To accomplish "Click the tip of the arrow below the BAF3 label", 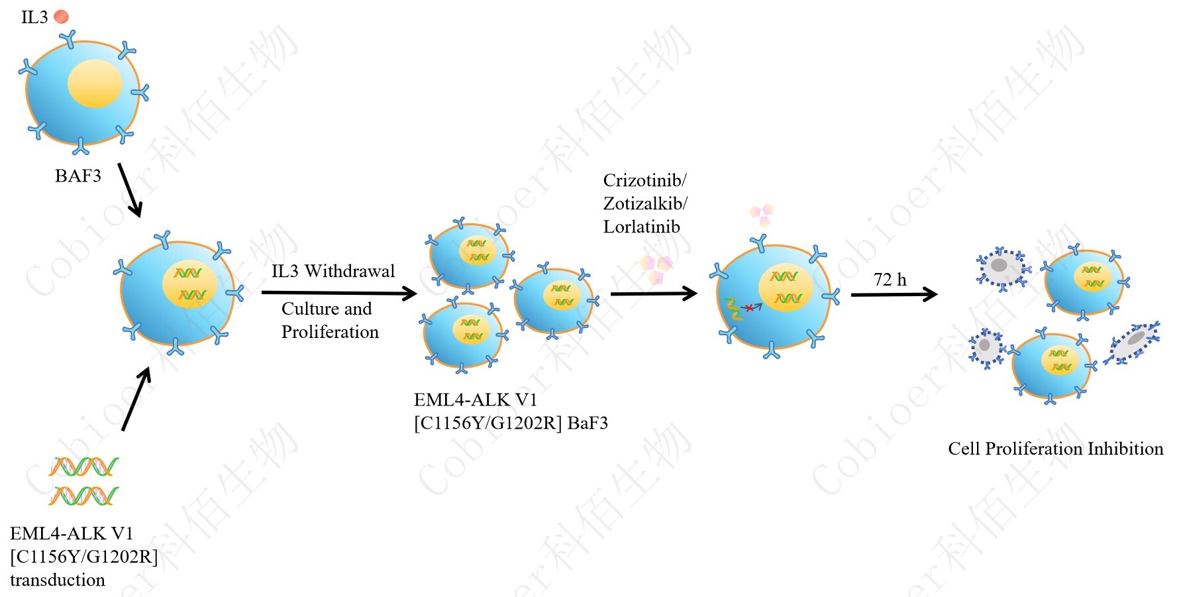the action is (x=139, y=217).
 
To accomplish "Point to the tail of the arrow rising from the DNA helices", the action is (x=123, y=431).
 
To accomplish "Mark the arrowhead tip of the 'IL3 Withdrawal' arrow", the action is (x=417, y=294).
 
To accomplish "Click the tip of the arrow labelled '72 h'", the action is (x=937, y=294).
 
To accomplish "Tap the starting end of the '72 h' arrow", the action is (x=851, y=294).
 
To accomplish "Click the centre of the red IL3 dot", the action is (x=61, y=17).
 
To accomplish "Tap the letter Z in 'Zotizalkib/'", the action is (x=609, y=203).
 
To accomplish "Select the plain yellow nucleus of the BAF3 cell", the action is (x=95, y=83).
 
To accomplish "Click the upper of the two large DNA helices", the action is (x=83, y=467).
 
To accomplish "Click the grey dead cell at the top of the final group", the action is (x=1001, y=268).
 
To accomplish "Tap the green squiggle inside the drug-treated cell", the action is (x=733, y=309).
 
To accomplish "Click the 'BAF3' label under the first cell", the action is (x=78, y=176).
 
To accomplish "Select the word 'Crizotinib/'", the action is (x=644, y=180).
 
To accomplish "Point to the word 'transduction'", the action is (x=58, y=580).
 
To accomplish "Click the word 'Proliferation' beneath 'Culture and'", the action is (x=330, y=331).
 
